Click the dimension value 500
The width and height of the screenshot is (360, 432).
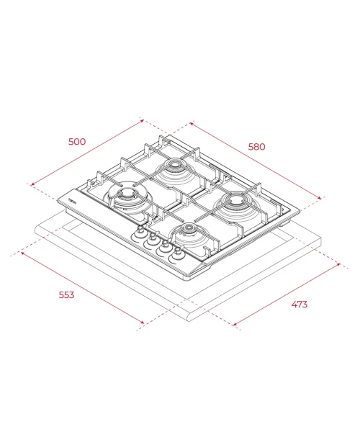tap(77, 142)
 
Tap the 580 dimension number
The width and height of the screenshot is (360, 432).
tap(257, 147)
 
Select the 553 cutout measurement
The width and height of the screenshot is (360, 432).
tap(66, 294)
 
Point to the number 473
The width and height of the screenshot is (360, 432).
tap(299, 305)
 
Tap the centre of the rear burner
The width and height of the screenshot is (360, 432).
tap(174, 165)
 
